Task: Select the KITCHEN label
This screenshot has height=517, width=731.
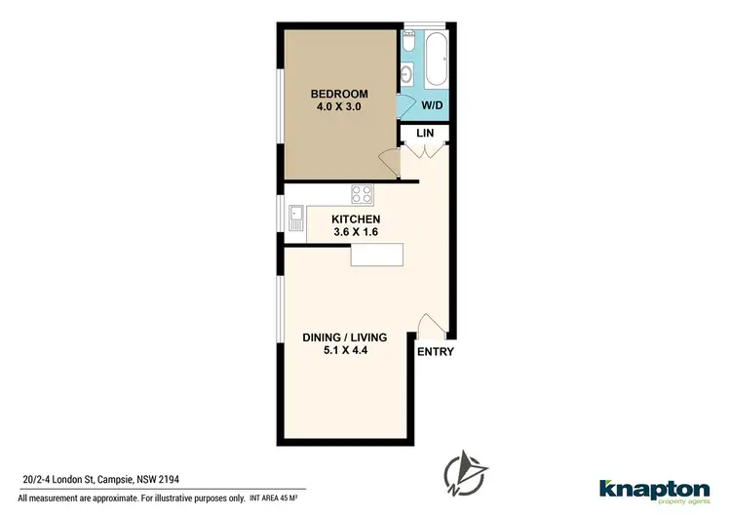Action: click(355, 219)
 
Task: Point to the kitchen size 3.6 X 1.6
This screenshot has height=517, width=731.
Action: click(355, 233)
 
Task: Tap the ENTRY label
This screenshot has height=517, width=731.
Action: click(435, 352)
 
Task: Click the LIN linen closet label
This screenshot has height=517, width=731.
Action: click(425, 133)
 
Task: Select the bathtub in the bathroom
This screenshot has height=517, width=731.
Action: click(435, 58)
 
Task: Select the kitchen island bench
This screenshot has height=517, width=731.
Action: click(376, 256)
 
